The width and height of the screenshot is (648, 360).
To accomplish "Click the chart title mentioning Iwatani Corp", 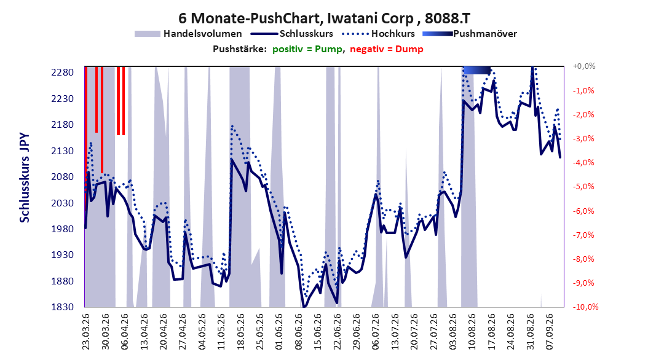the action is (324, 18).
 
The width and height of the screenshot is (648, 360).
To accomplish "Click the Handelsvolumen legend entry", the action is (189, 34).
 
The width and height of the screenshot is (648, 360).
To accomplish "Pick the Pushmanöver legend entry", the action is (470, 34).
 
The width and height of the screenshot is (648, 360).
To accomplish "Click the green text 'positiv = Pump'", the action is (307, 49).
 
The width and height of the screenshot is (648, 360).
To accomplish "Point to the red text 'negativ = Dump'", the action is (387, 49).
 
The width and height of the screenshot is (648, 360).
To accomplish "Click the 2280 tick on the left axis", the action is (63, 72).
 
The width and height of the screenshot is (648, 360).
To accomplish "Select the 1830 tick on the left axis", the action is (63, 307).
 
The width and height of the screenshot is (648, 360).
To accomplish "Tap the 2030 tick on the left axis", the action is (63, 203).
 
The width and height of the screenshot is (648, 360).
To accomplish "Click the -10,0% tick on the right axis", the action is (585, 307).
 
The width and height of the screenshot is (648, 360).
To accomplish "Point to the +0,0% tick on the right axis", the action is (584, 66).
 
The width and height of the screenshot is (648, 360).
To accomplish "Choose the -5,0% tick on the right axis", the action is (583, 187).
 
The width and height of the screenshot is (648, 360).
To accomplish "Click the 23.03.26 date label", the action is (85, 332).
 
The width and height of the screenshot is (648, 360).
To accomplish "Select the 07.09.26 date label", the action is (549, 332).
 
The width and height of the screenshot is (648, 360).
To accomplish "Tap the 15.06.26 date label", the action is (317, 332).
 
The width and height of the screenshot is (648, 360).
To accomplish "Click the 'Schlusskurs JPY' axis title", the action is (25, 178).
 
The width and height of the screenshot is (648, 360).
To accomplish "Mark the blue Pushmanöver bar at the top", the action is (477, 71).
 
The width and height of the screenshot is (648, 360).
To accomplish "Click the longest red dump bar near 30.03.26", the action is (102, 120).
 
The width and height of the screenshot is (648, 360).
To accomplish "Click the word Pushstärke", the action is (240, 49).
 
